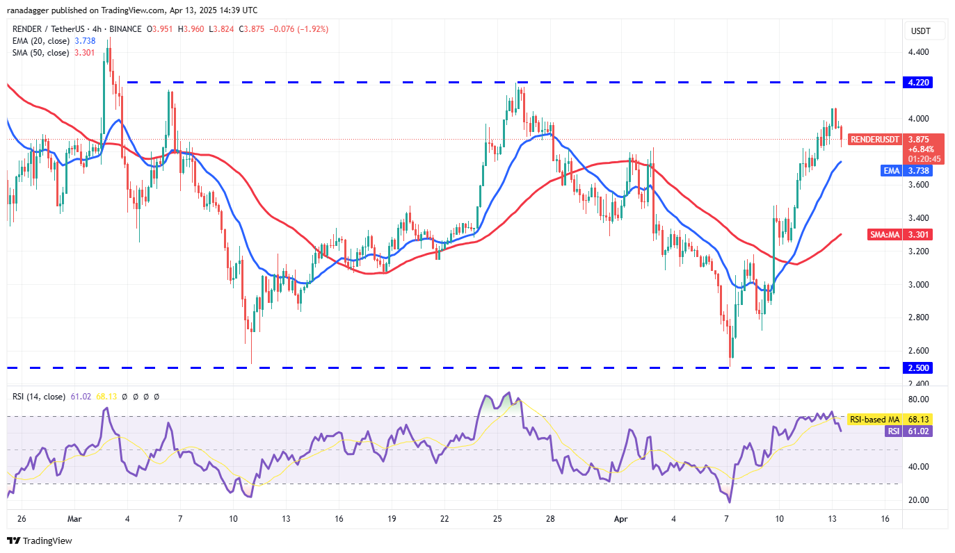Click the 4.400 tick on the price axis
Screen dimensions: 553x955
tap(920, 52)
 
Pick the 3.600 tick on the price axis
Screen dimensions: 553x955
tap(920, 185)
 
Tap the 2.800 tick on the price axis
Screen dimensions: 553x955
tap(920, 317)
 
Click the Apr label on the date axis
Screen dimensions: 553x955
tap(620, 519)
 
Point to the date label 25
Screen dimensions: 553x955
tap(497, 519)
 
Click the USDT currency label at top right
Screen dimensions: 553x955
tap(920, 31)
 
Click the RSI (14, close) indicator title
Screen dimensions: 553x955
tap(39, 397)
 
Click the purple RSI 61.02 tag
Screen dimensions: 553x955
tap(911, 431)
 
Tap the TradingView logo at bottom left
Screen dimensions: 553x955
tap(40, 540)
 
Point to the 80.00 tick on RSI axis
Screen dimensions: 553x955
tap(920, 399)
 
